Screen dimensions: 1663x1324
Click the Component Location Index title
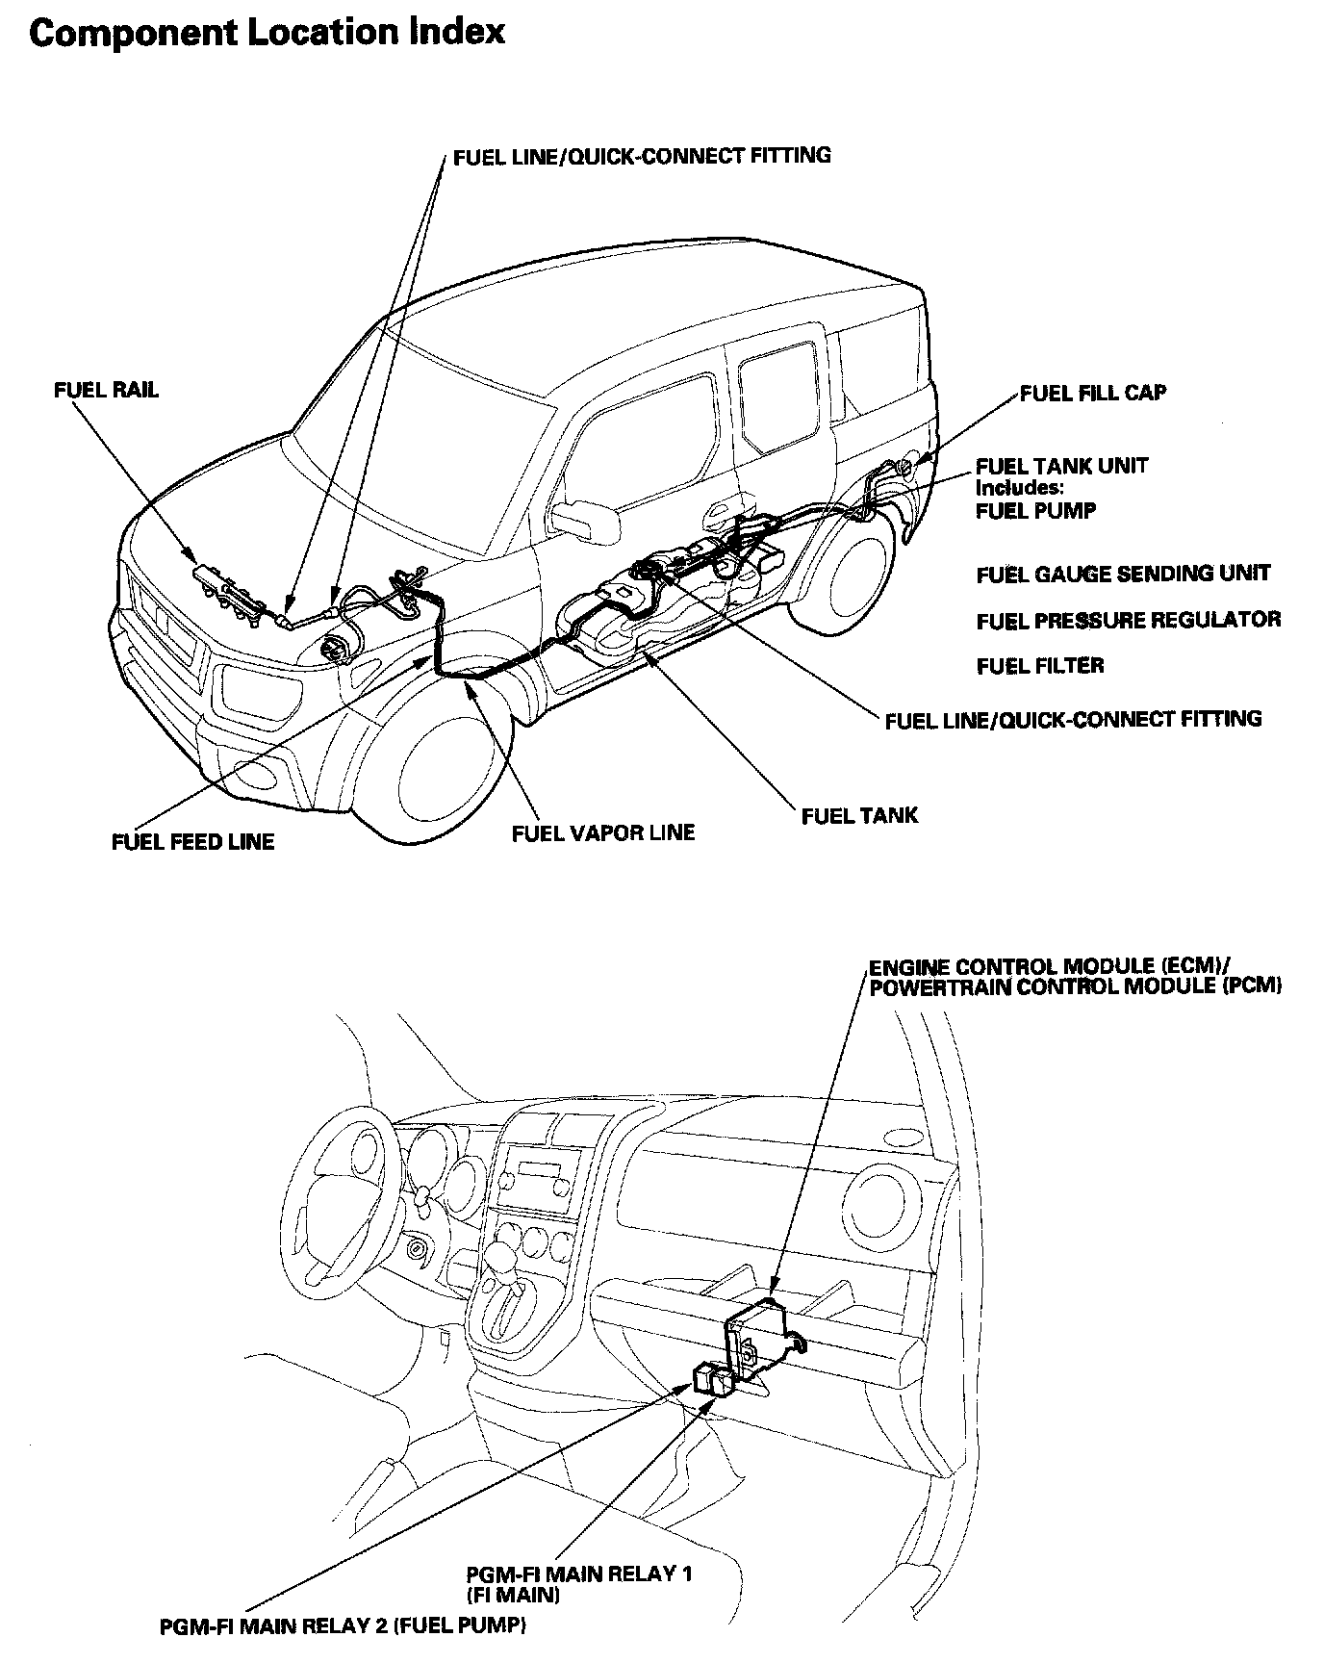point(267,33)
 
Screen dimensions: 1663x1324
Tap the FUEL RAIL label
point(106,391)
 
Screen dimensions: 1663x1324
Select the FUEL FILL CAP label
point(1093,393)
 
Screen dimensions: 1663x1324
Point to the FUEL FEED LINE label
point(192,842)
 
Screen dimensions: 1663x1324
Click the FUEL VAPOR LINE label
point(602,832)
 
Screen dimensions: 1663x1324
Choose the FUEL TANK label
point(859,816)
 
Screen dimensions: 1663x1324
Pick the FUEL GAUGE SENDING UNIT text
point(1123,575)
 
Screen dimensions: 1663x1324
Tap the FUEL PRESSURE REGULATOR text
point(1128,620)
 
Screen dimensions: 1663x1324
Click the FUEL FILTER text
point(1040,666)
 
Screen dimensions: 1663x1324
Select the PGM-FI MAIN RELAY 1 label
point(579,1574)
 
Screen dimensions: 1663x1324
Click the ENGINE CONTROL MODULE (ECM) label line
point(1039,966)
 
